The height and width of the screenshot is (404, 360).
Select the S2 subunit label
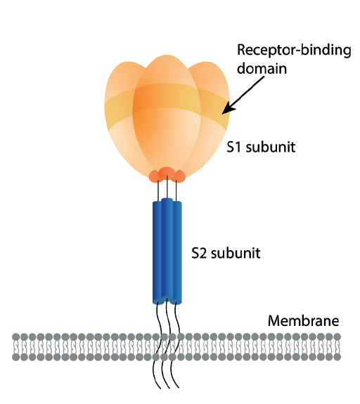(x=226, y=252)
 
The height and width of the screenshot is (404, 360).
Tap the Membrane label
(x=303, y=322)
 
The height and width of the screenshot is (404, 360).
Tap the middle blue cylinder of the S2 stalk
(x=167, y=249)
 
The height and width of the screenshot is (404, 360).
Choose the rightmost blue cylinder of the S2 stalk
(x=176, y=253)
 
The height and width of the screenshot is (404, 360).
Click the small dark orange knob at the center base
(x=167, y=173)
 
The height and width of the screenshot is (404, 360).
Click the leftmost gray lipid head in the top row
(x=16, y=338)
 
